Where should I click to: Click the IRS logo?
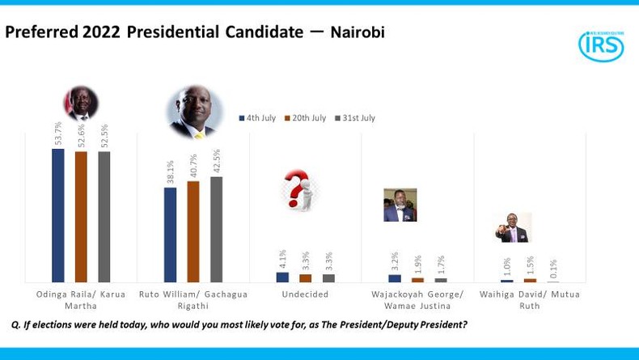click(600, 46)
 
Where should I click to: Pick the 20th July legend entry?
click(305, 118)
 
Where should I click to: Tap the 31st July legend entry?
click(353, 118)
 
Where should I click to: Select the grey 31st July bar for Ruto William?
click(216, 229)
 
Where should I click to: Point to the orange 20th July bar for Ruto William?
click(193, 231)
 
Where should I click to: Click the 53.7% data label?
click(58, 134)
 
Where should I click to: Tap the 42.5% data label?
click(216, 162)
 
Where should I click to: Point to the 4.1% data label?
click(282, 260)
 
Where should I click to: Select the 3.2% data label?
click(395, 262)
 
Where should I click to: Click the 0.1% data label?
click(553, 269)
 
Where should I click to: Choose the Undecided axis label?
click(305, 294)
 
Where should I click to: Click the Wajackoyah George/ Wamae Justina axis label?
click(417, 299)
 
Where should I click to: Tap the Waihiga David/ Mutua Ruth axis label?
click(530, 299)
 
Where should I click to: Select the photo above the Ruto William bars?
click(193, 111)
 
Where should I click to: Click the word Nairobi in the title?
click(357, 32)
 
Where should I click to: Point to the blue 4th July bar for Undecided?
click(282, 277)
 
